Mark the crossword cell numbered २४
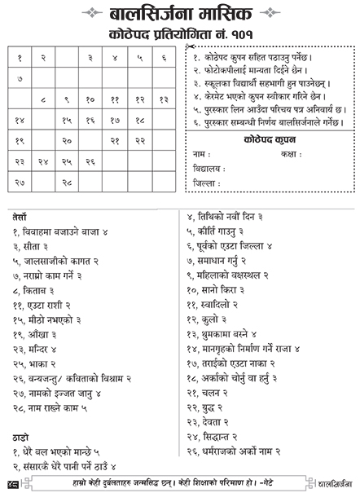43,162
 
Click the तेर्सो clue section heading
20,218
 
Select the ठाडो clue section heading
20,436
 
